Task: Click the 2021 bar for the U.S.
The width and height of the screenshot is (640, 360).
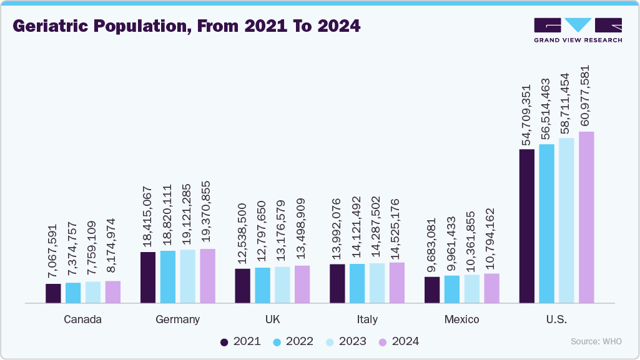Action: click(527, 226)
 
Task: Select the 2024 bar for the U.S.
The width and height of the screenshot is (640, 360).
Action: click(586, 217)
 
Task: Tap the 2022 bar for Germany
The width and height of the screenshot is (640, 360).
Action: click(168, 276)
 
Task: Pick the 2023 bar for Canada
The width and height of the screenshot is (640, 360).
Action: click(93, 292)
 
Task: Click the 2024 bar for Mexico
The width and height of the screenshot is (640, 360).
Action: click(491, 288)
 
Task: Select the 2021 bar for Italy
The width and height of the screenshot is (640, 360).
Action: click(337, 283)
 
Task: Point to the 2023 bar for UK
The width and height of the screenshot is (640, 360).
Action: click(282, 285)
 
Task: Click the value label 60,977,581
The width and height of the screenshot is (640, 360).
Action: click(587, 96)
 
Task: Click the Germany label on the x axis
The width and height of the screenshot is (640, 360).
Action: click(178, 319)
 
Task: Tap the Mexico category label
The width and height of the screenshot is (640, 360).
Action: click(461, 319)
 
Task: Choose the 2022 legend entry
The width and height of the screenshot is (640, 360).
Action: click(293, 341)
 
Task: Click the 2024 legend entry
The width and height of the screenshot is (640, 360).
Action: click(398, 341)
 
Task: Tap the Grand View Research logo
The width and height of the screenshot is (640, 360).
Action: click(578, 30)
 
